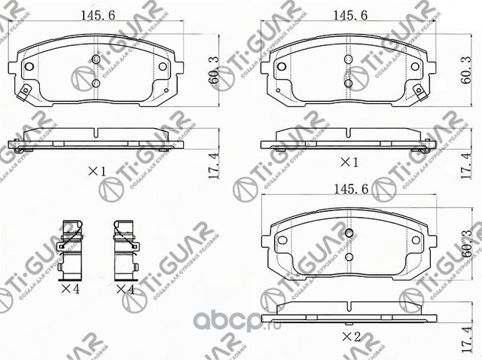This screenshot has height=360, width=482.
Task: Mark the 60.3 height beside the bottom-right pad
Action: (x=468, y=244)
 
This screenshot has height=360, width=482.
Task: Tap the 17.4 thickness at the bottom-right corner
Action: (x=468, y=342)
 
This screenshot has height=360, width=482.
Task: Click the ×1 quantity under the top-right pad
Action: (x=349, y=163)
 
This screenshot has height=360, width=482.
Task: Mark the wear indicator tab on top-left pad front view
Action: (x=25, y=93)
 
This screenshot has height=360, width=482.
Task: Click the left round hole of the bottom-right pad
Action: (x=282, y=242)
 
